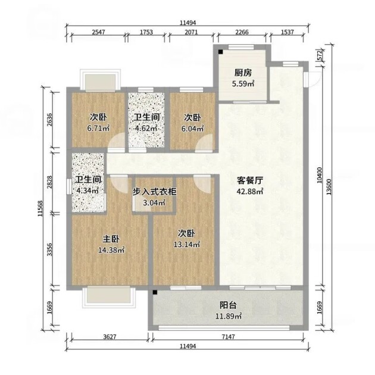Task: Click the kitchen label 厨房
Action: (243, 73)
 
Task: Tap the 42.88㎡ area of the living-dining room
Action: (250, 191)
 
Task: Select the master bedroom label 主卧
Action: (111, 239)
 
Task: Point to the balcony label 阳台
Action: (228, 305)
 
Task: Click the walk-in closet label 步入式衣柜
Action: (155, 192)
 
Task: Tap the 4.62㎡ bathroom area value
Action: (146, 128)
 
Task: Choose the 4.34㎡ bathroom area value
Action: (87, 190)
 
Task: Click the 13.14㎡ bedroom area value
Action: (187, 245)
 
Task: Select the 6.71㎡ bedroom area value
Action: (98, 128)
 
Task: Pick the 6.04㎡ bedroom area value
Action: (192, 129)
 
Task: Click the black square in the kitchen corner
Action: (220, 52)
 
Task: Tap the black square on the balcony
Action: (155, 292)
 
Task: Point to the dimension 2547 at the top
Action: (99, 32)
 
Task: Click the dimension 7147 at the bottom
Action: (228, 337)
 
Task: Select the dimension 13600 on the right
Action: (329, 187)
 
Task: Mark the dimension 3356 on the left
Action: (49, 249)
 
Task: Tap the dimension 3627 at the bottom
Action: (110, 337)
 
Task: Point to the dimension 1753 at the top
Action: (146, 32)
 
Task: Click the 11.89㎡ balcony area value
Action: (229, 317)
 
